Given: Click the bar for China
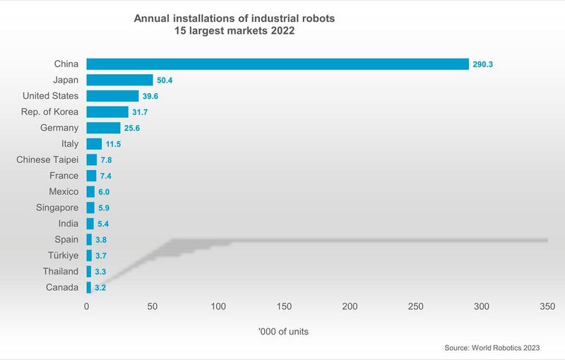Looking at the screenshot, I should [278, 64].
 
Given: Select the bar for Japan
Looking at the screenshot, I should [119, 80].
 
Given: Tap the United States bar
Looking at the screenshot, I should [112, 96].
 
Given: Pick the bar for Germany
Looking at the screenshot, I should [103, 128].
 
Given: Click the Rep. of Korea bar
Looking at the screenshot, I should [107, 112].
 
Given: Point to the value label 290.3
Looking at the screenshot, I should [483, 64].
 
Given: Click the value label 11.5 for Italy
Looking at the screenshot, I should [114, 144].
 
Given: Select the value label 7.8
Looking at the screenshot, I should [107, 160].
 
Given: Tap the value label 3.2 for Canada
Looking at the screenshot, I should [100, 288].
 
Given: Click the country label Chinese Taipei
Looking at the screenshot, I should [47, 160].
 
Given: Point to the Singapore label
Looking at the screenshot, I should [57, 208].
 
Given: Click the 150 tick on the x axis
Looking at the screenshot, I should [284, 306].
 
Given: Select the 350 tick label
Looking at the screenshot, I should [547, 306].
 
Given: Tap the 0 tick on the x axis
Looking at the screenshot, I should [87, 306].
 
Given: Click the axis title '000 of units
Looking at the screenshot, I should [284, 330].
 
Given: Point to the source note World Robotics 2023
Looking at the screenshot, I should [492, 348].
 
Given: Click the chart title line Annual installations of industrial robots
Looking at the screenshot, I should [234, 18].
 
